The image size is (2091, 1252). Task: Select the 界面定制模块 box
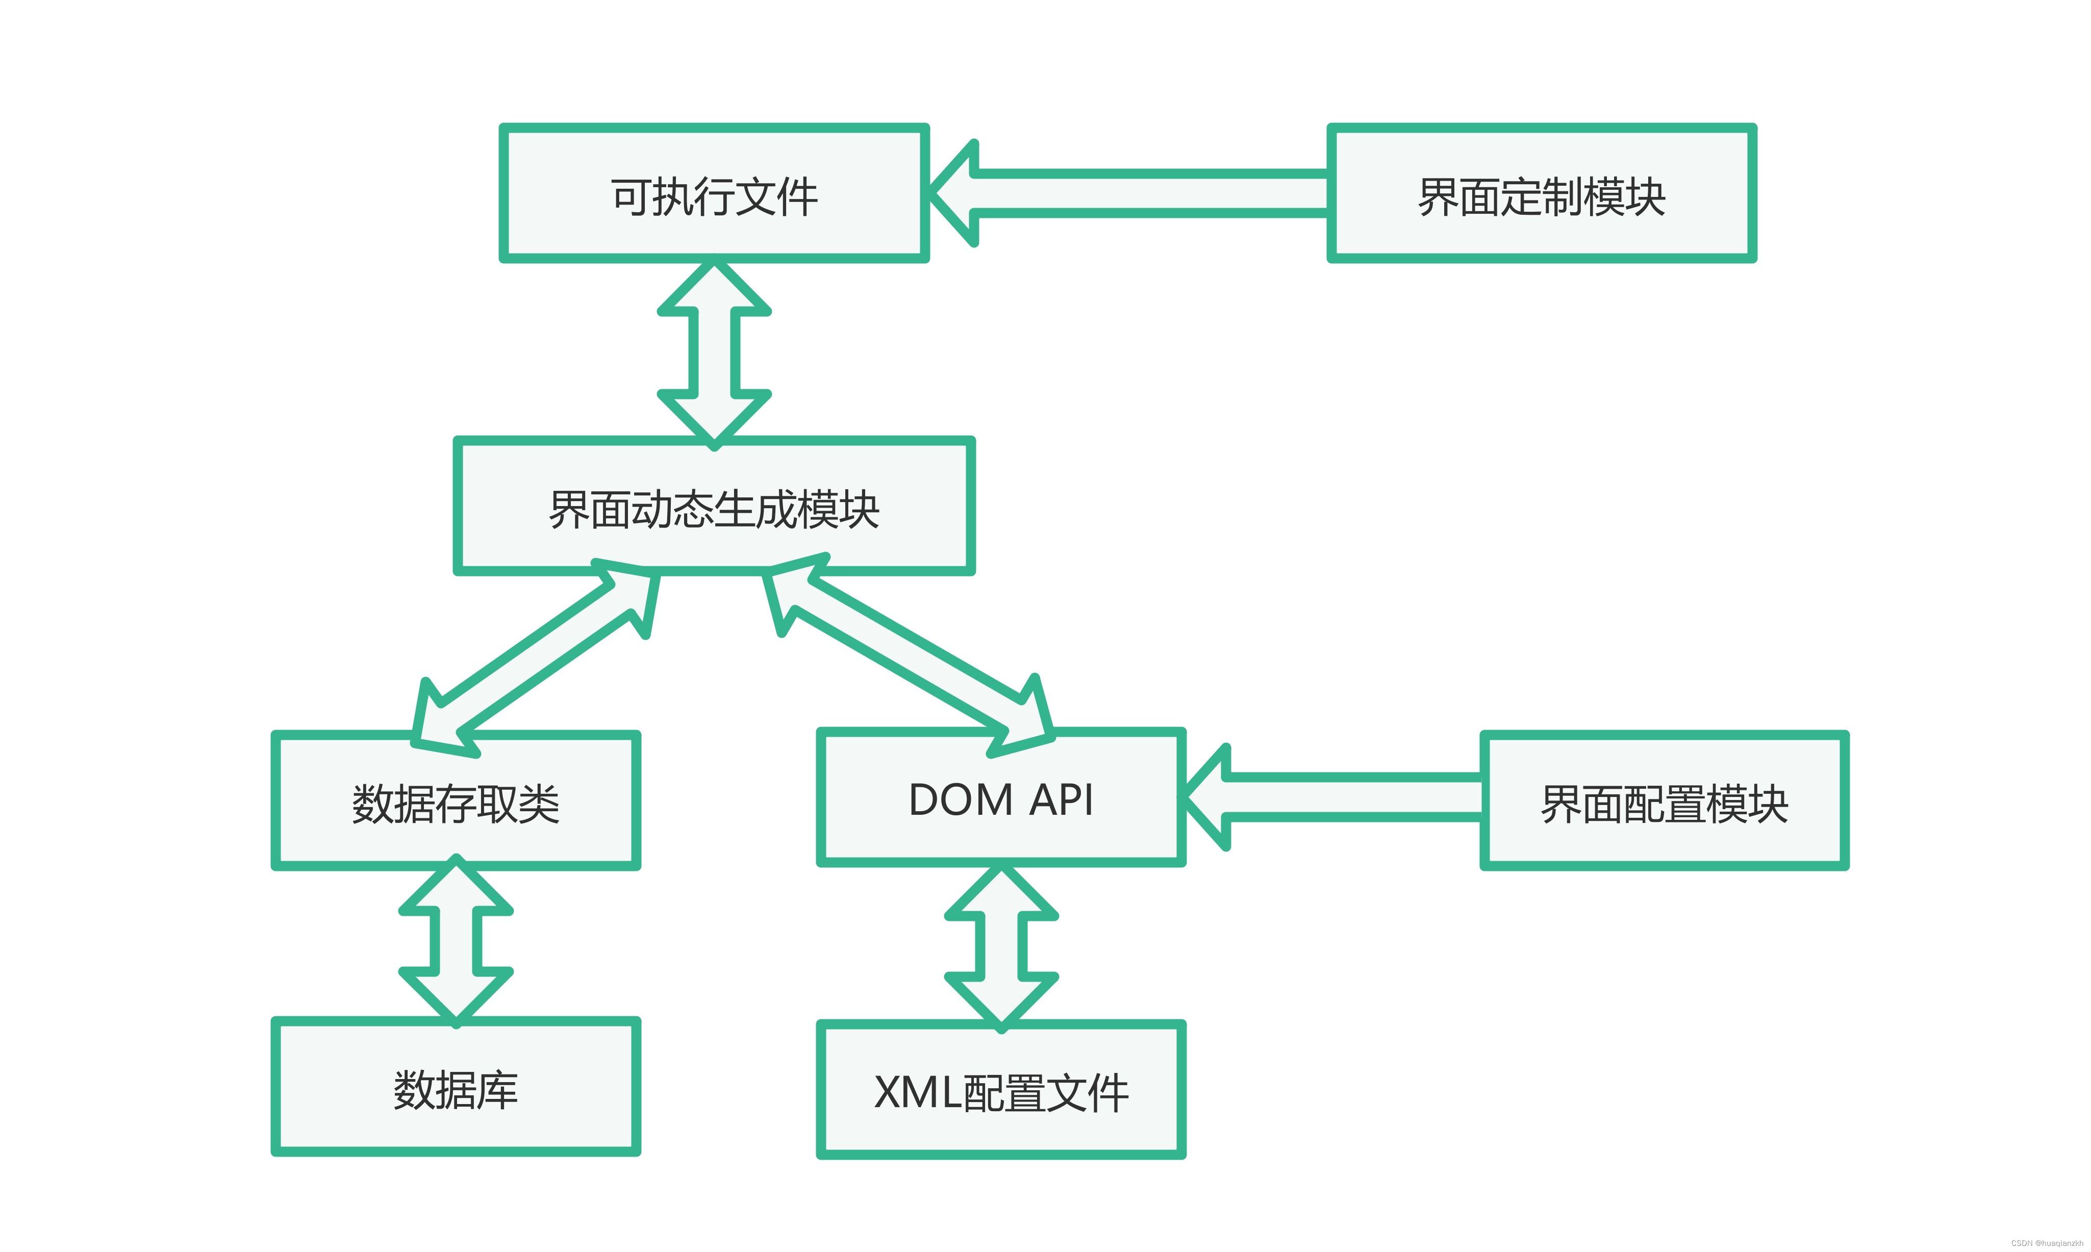pos(1541,194)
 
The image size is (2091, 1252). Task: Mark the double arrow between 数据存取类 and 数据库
pos(456,941)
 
